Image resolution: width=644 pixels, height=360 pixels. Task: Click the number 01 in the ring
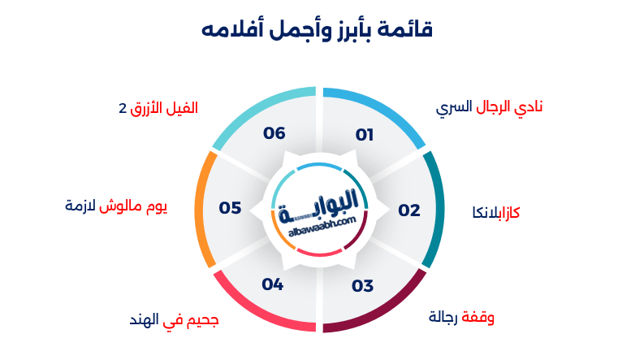[x=364, y=135]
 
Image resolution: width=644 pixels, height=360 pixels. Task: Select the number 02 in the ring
[x=409, y=210]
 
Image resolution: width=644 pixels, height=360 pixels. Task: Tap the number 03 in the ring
[x=362, y=286]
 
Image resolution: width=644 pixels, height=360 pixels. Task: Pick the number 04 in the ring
[x=273, y=284]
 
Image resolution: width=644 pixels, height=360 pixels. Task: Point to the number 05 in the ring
[x=230, y=208]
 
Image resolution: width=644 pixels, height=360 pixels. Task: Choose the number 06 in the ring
[x=274, y=133]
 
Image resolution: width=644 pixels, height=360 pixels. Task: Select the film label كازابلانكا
[x=496, y=212]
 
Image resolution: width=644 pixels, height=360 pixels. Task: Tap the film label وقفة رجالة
[x=461, y=317]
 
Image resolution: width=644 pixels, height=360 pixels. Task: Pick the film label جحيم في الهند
[x=174, y=320]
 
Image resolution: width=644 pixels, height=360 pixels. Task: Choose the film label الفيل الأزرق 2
[x=158, y=107]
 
